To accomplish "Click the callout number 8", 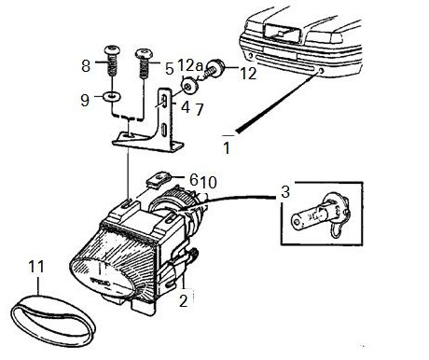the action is (x=86, y=66).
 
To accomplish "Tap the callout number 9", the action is (x=85, y=101).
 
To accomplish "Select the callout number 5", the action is (x=169, y=69).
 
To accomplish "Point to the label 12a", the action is (x=190, y=65).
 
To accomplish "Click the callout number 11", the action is (x=36, y=267).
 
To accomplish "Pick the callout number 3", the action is (x=285, y=192).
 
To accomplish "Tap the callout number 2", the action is (x=184, y=300).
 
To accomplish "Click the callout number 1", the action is (x=227, y=148).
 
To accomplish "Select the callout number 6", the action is (x=194, y=179).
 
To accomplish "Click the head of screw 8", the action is (x=112, y=50).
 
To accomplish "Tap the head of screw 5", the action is (x=145, y=53).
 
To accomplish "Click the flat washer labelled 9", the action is (x=112, y=97).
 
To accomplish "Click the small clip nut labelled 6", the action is (x=159, y=179).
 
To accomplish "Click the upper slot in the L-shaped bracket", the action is (x=164, y=103).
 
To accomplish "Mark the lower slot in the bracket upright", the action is (x=163, y=130).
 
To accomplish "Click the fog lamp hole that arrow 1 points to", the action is (x=321, y=71).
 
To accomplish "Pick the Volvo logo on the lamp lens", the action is (x=100, y=283).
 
